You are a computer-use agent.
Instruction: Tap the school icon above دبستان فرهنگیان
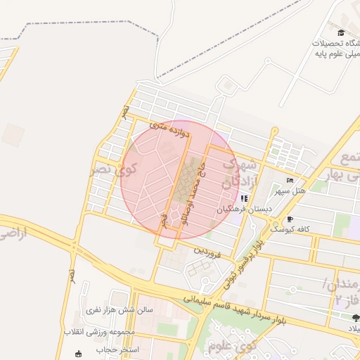pyautogui.click(x=245, y=198)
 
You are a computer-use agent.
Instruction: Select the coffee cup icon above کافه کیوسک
pyautogui.click(x=290, y=219)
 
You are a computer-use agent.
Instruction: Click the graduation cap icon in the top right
pyautogui.click(x=341, y=32)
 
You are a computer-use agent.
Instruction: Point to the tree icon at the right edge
pyautogui.click(x=354, y=317)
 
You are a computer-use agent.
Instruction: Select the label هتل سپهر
pyautogui.click(x=309, y=191)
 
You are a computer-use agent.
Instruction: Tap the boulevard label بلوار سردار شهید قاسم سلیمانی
pyautogui.click(x=235, y=308)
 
